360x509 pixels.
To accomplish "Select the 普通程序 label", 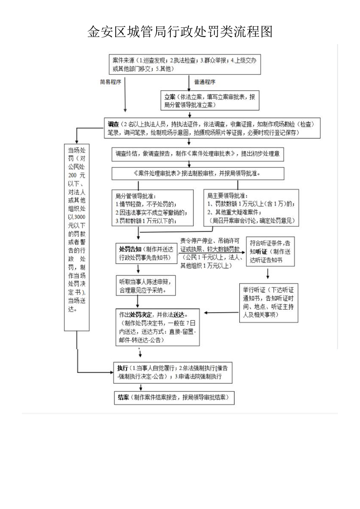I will (x=204, y=82).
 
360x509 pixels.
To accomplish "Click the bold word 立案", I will (x=170, y=97).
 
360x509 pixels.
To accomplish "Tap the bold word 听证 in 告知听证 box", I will (x=261, y=251).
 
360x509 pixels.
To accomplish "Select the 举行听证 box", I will (x=267, y=303).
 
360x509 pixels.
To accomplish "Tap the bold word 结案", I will (x=123, y=397).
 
